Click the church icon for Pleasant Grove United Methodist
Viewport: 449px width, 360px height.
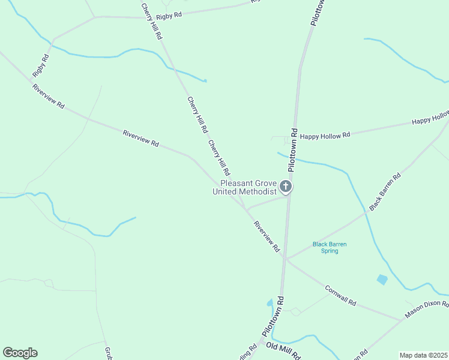tap(286, 187)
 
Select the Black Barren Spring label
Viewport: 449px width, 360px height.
tap(330, 247)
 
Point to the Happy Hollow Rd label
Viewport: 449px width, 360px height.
tap(325, 136)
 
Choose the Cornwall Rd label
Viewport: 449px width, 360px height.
tap(341, 295)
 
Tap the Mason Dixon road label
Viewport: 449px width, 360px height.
tap(426, 309)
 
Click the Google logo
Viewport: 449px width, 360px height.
tap(20, 353)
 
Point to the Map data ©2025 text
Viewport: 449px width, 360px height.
tap(423, 355)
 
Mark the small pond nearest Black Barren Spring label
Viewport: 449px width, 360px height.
tap(382, 279)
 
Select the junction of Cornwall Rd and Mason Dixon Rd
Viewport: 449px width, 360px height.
tap(401, 320)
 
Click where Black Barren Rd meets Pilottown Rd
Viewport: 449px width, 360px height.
tap(286, 259)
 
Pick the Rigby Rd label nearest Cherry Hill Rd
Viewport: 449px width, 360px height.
tap(168, 16)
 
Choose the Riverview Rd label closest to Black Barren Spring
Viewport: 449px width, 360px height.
tap(267, 236)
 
